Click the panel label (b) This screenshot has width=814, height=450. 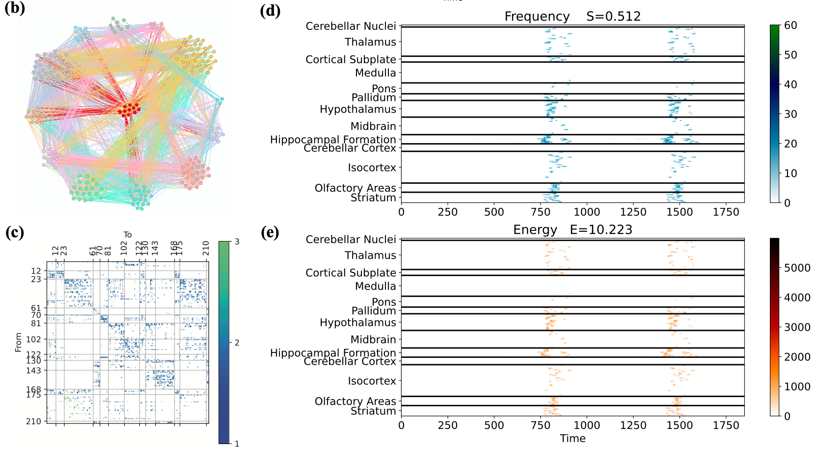(14, 8)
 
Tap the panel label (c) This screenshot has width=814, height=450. (14, 232)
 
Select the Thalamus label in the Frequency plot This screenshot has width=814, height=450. (370, 42)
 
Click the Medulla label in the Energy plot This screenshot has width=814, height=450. (375, 286)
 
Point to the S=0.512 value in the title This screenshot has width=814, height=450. (613, 17)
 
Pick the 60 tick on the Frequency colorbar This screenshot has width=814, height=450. (790, 25)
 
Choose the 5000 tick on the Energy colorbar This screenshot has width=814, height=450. (797, 268)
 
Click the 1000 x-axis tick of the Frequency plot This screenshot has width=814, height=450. (586, 212)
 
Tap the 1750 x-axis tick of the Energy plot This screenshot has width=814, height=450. (726, 425)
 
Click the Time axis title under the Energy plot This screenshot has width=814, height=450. (573, 439)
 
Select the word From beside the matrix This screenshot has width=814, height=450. (19, 342)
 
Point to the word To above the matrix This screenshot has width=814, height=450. (127, 235)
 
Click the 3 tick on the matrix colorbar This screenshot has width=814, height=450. (237, 242)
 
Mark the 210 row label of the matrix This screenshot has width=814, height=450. (33, 422)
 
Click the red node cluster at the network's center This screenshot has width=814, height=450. (129, 110)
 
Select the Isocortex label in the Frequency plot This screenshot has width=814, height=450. (372, 168)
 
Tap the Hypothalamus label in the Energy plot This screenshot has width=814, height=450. (357, 323)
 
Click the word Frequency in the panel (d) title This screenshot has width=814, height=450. (537, 17)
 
